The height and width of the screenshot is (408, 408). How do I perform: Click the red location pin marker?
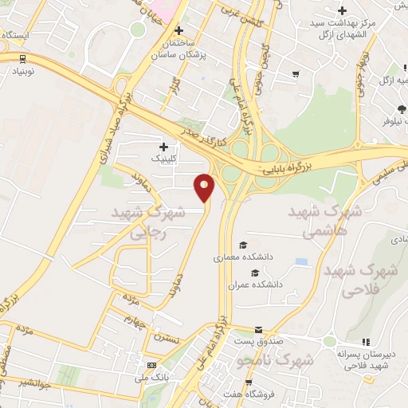(x=205, y=187)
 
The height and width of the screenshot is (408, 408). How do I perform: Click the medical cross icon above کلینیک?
(x=164, y=147)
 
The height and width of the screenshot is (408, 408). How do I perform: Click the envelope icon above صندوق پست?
(x=258, y=330)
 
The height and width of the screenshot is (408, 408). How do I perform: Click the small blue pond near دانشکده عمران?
(x=301, y=261)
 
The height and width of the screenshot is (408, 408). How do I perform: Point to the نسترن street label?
(x=170, y=339)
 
